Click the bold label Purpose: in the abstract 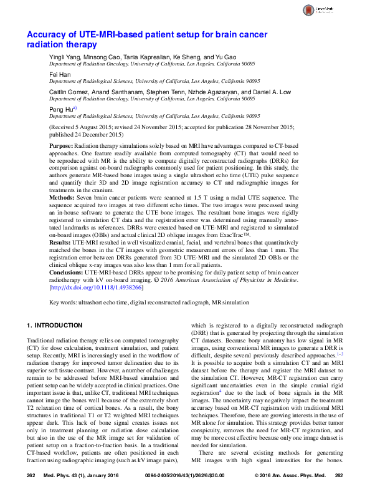coord(62,145)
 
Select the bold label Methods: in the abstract coord(62,197)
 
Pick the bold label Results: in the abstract coord(60,241)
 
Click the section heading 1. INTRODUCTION coord(55,326)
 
